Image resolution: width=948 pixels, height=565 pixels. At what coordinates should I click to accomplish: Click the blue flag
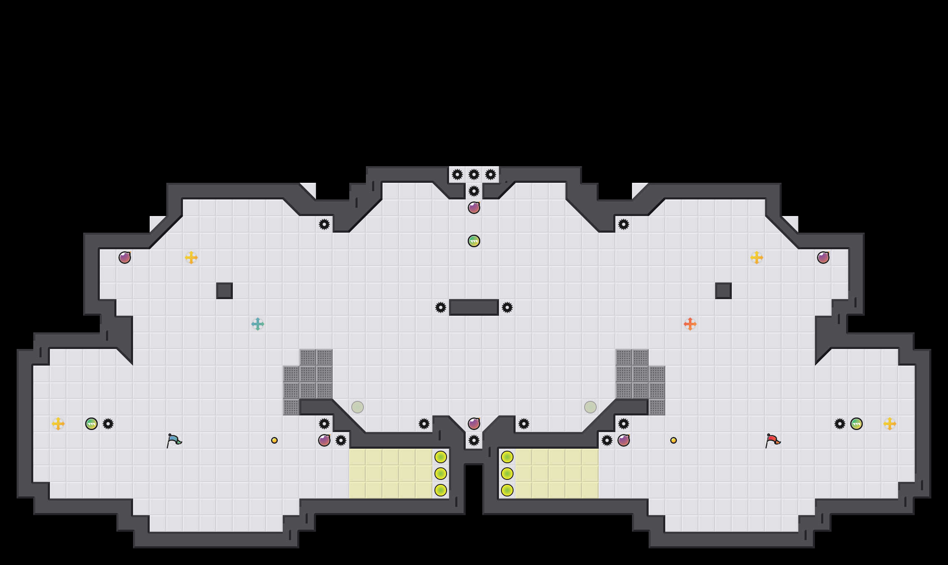(x=174, y=440)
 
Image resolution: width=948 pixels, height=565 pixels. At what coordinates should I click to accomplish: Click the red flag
(x=773, y=440)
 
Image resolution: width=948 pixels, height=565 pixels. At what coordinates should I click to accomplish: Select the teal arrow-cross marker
(x=258, y=324)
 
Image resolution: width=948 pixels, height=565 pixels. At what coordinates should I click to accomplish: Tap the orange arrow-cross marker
(x=690, y=324)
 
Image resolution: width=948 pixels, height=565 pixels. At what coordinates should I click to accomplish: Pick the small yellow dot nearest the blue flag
(x=274, y=440)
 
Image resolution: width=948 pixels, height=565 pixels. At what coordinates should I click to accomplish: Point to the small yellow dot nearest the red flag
(x=674, y=440)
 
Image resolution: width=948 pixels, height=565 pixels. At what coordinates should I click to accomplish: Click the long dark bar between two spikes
(x=474, y=307)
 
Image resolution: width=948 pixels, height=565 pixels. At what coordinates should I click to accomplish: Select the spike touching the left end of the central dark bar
(x=441, y=307)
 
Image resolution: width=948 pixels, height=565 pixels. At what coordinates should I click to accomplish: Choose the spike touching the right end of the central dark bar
(x=507, y=307)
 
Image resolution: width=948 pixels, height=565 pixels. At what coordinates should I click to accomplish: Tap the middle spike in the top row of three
(x=474, y=174)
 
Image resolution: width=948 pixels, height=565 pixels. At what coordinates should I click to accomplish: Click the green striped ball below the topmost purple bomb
(x=474, y=241)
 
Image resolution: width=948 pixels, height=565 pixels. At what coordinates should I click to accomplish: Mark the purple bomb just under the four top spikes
(x=474, y=208)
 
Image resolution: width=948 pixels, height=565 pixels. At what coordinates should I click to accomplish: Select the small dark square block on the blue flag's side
(x=225, y=291)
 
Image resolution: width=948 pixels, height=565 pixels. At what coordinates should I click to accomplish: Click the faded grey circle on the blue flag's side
(x=358, y=407)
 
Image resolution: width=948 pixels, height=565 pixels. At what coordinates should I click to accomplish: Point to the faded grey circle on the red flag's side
(x=590, y=407)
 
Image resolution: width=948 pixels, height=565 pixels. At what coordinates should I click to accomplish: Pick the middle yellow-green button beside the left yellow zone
(x=441, y=474)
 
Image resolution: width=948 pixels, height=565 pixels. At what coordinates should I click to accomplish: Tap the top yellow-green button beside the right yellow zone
(x=507, y=457)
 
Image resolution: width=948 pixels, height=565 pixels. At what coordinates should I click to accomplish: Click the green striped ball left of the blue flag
(x=91, y=424)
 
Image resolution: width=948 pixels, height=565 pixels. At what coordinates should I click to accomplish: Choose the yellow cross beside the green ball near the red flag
(x=890, y=424)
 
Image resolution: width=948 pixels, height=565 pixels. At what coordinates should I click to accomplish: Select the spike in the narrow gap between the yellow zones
(x=474, y=440)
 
